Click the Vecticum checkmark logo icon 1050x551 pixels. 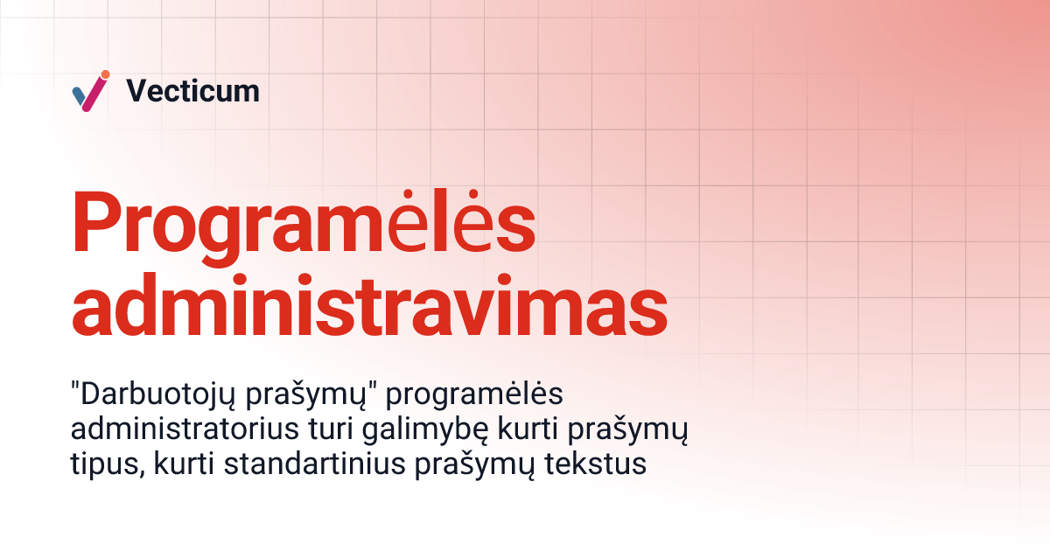coord(90,91)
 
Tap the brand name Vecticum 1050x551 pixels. coord(192,91)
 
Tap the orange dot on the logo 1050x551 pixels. coord(105,74)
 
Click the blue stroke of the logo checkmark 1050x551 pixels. coord(80,94)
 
